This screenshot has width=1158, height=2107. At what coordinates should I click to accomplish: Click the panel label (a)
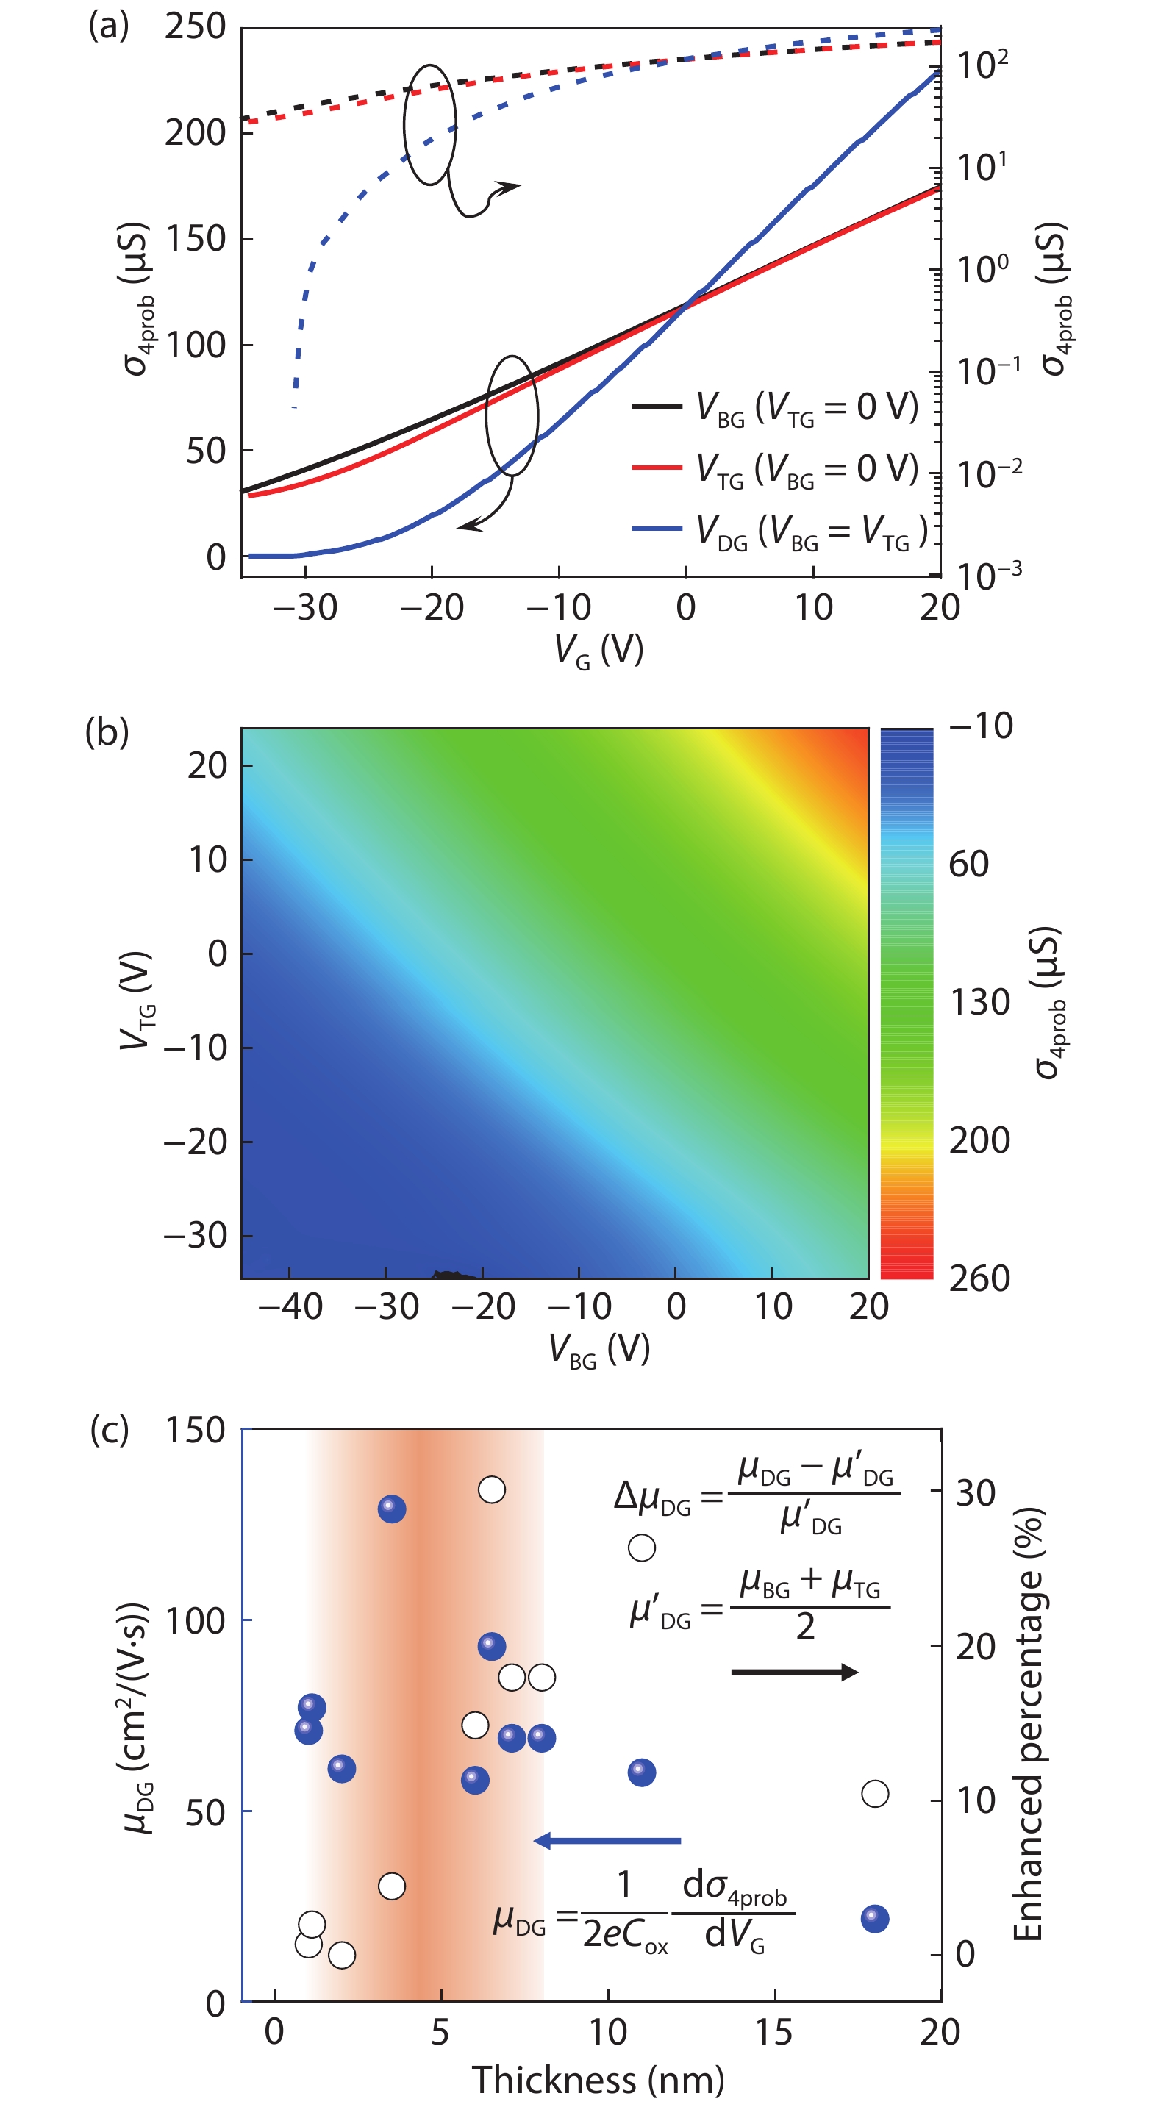(x=109, y=26)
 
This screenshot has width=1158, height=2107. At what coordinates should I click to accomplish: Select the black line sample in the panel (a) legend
(x=657, y=406)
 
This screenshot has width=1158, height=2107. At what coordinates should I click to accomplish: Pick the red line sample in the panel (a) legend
(x=657, y=467)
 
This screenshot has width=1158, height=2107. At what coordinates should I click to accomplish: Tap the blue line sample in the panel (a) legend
(x=657, y=529)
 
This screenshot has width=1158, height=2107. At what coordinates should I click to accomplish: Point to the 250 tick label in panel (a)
(x=195, y=27)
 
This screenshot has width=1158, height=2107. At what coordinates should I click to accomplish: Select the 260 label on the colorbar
(x=979, y=1278)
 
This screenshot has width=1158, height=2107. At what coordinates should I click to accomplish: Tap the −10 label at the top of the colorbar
(x=981, y=726)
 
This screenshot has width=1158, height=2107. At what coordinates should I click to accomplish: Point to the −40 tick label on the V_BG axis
(x=290, y=1306)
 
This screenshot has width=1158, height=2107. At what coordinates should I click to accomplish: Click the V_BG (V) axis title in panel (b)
(x=598, y=1350)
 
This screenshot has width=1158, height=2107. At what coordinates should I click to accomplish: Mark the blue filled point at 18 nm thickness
(x=875, y=1918)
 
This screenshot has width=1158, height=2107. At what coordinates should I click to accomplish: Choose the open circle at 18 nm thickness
(x=875, y=1794)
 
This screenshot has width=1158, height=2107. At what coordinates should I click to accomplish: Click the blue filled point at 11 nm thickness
(x=641, y=1772)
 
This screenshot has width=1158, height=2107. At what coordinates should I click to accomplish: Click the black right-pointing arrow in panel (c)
(x=794, y=1672)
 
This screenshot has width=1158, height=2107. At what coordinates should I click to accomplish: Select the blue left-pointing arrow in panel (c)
(x=607, y=1840)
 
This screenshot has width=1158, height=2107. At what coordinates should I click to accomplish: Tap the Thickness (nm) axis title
(x=598, y=2078)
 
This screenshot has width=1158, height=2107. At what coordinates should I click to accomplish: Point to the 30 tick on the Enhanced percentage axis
(x=975, y=1492)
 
